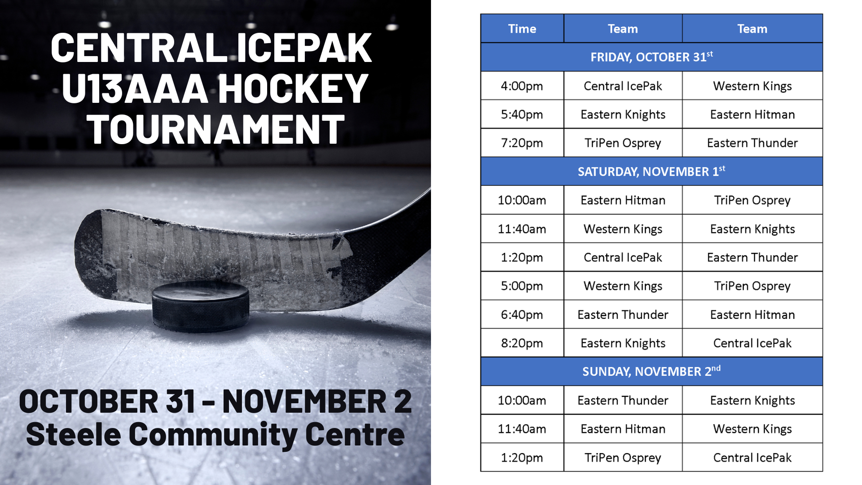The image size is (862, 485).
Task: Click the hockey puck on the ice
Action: (200, 307)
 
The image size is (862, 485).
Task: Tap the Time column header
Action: (522, 29)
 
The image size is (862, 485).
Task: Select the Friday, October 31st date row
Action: (651, 57)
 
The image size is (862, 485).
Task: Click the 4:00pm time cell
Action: (522, 86)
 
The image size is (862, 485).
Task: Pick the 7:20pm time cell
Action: (522, 143)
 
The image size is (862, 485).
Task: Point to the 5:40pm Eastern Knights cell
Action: (623, 115)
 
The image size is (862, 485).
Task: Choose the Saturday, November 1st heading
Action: (651, 172)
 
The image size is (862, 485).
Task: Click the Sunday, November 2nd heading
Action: (651, 371)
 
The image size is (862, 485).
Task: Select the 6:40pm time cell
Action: (522, 314)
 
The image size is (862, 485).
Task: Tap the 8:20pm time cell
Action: (522, 343)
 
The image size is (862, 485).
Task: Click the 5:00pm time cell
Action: (522, 286)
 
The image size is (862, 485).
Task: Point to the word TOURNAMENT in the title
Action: (215, 129)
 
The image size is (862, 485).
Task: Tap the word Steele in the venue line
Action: (74, 434)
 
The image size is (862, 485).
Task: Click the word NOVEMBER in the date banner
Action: (304, 401)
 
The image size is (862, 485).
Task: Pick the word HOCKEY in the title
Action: (294, 88)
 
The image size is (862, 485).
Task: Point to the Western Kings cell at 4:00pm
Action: (752, 86)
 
